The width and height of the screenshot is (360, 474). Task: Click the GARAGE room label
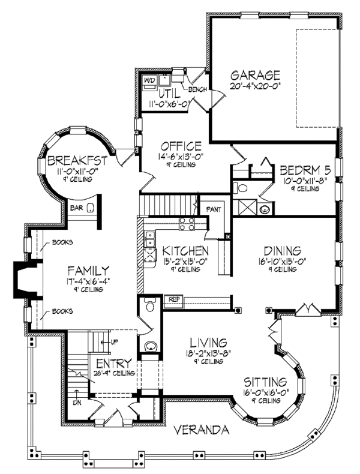(x=256, y=76)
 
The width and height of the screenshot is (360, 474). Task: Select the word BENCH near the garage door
(x=197, y=90)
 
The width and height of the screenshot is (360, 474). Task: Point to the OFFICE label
(x=181, y=146)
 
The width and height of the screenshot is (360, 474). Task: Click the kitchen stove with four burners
(x=187, y=224)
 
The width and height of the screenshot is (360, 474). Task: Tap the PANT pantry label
(x=214, y=209)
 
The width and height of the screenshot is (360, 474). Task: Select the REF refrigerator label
(x=175, y=299)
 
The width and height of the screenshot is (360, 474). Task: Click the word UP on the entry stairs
(x=113, y=342)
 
